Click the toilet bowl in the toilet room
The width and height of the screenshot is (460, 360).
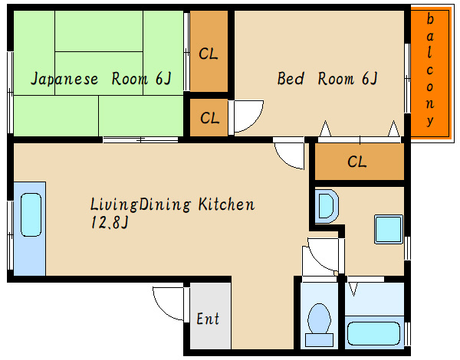point(319,319)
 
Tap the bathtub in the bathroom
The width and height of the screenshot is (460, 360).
point(374,334)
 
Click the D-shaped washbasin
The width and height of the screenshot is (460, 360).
point(327,206)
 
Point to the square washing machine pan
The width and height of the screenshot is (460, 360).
point(389,230)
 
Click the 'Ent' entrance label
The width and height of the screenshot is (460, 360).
point(208,319)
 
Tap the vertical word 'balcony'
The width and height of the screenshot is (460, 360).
point(430,70)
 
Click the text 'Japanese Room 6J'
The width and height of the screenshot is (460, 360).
point(100,79)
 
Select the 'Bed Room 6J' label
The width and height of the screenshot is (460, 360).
point(327,78)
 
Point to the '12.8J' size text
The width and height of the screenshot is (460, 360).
point(110,222)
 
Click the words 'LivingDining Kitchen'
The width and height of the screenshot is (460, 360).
point(172,205)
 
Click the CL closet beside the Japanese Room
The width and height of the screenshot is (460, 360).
point(209,51)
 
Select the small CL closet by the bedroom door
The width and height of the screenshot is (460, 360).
point(209,117)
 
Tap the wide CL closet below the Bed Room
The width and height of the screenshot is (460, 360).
point(360,162)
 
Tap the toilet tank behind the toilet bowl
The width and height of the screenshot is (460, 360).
point(319,340)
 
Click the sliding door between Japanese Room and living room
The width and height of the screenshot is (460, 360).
point(140,139)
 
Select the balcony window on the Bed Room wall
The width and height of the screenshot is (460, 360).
point(407,78)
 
